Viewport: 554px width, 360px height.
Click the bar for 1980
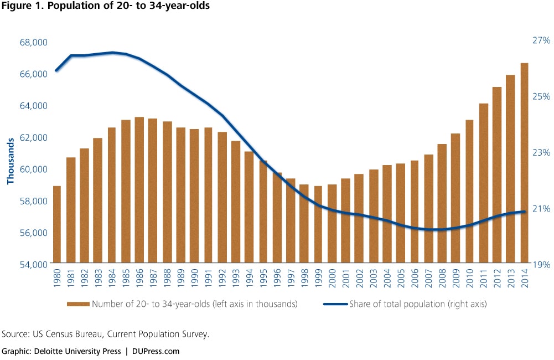(x=57, y=224)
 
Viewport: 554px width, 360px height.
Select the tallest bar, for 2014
(x=524, y=163)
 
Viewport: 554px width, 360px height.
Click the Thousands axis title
(x=10, y=161)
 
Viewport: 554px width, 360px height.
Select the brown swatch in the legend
(x=78, y=304)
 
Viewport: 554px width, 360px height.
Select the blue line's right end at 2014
(x=524, y=212)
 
